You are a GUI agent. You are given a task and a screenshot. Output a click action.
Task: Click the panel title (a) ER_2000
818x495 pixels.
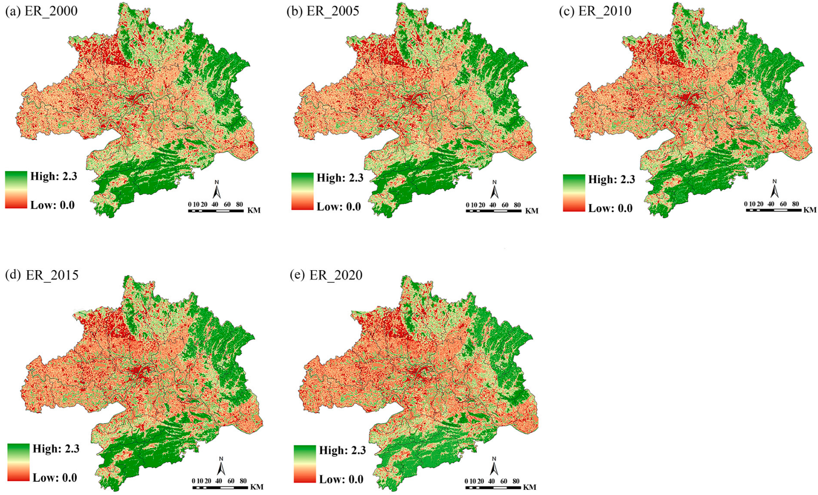point(41,11)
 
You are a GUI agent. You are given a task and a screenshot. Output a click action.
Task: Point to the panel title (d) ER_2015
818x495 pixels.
point(42,275)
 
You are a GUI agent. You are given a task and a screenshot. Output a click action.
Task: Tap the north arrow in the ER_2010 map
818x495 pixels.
point(774,189)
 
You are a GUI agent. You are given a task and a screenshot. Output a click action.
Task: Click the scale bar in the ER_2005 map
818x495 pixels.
point(493,210)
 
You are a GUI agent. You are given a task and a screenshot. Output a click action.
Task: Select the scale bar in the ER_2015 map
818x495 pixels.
point(220,487)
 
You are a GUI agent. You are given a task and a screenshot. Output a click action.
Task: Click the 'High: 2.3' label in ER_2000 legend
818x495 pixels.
point(53,177)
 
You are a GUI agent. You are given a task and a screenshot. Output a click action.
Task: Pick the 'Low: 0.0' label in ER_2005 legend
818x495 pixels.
point(338,207)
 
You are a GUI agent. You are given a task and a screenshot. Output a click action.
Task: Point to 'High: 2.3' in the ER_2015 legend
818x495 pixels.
point(56,449)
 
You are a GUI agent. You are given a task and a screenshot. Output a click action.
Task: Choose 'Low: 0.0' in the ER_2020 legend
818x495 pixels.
point(341,479)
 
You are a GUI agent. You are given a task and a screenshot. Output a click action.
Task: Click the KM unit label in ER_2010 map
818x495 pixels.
point(809,210)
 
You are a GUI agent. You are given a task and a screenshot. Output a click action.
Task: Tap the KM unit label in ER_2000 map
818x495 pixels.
point(253,210)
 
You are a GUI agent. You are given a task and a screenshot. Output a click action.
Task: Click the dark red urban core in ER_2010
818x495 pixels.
point(690,98)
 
